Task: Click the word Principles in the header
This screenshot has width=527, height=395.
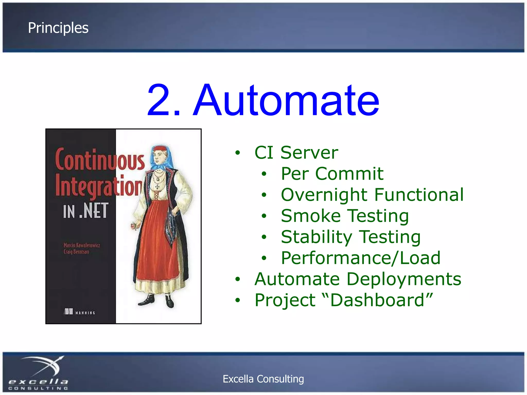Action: [x=58, y=28]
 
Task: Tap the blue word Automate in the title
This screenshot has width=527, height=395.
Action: [x=286, y=100]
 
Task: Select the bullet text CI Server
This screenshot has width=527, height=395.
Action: [x=296, y=153]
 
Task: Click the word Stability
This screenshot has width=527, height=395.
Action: [x=316, y=237]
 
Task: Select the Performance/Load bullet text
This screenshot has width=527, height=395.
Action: [x=361, y=258]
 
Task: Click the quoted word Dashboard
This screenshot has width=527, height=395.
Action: [x=377, y=300]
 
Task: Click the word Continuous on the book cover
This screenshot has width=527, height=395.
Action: [x=100, y=160]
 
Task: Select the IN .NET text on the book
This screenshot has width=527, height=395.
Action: [x=85, y=211]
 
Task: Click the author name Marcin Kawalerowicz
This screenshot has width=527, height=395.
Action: [x=82, y=245]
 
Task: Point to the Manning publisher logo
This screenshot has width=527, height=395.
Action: [x=79, y=312]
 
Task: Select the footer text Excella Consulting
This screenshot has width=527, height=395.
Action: [x=263, y=379]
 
